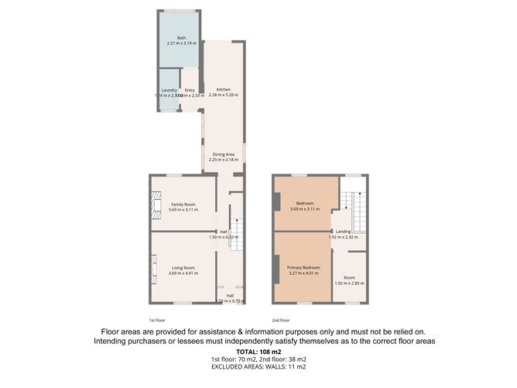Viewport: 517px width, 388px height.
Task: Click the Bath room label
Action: coord(181,38)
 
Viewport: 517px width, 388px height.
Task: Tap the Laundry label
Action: coord(169,91)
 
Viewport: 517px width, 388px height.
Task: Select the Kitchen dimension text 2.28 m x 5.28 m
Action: coord(223,95)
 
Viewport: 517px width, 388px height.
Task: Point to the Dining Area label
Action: coord(223,154)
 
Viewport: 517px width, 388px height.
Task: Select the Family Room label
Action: coord(183,204)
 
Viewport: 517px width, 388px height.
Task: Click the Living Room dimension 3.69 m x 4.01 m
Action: coord(183,273)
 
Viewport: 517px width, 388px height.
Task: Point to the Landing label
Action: coord(344,232)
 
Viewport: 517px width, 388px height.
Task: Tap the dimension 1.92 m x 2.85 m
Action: coord(349,283)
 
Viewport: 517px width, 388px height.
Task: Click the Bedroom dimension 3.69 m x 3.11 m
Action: coord(304,209)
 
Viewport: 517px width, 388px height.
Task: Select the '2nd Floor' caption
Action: coord(280,319)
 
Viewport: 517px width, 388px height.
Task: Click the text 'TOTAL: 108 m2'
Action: coord(259,352)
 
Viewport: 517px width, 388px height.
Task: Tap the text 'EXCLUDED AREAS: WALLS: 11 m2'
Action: coord(259,367)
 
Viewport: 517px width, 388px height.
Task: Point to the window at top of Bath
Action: coord(179,9)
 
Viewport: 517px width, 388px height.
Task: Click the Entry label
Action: coord(190,91)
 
